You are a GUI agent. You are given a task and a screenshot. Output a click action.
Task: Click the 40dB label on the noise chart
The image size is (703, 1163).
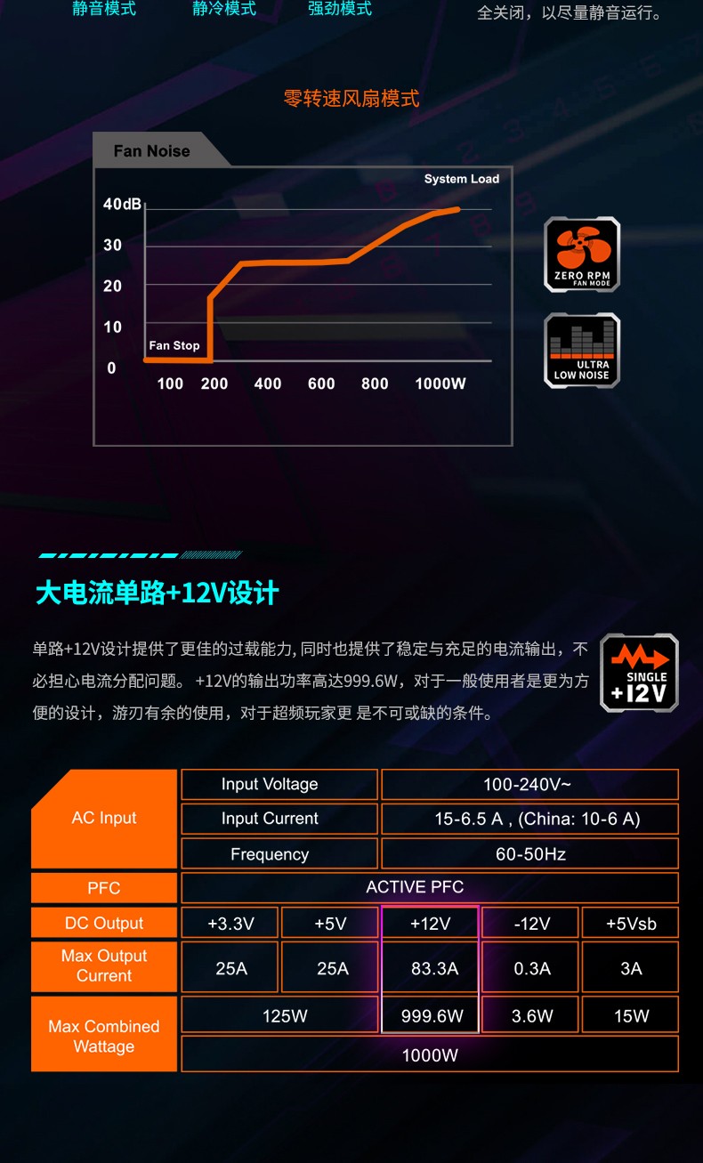pos(122,205)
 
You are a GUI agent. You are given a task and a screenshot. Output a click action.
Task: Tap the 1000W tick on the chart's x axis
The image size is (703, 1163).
pos(440,384)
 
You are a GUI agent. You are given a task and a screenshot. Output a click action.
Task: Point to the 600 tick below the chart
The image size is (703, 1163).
pos(321,384)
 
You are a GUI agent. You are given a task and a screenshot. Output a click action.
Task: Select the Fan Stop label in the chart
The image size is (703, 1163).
pos(174,345)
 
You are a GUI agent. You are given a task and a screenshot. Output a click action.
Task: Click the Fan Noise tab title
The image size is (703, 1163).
pos(152,151)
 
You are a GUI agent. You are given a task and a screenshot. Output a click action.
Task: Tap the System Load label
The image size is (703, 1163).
pos(461,179)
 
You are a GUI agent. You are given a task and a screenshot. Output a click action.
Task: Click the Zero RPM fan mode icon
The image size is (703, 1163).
pos(582,254)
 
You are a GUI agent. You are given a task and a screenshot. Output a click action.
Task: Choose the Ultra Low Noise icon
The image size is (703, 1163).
pos(582,351)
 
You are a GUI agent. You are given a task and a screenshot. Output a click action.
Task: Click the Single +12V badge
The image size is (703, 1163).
pos(639,673)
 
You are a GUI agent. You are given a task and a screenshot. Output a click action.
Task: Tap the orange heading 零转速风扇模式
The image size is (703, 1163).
pos(351,99)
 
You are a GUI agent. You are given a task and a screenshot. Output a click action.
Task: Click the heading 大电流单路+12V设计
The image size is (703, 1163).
pos(157,593)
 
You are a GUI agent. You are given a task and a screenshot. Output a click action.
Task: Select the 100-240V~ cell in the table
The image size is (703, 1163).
pos(529,785)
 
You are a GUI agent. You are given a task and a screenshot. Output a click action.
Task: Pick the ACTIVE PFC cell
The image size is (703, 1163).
pos(415,887)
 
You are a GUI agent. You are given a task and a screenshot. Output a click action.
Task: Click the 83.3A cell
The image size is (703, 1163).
pos(434,969)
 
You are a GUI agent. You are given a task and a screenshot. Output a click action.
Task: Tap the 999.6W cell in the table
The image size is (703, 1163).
pos(432,1016)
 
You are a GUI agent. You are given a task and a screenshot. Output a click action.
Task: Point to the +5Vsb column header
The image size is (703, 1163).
pos(631,924)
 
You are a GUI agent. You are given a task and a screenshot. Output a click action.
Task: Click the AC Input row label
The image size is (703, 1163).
pos(104,819)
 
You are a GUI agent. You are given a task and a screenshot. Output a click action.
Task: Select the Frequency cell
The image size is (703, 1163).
pos(270,854)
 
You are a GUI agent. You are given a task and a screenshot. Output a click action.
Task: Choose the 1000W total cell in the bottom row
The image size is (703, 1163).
pos(430,1055)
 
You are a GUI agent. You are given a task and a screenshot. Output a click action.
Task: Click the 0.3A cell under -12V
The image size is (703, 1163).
pos(532,969)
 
